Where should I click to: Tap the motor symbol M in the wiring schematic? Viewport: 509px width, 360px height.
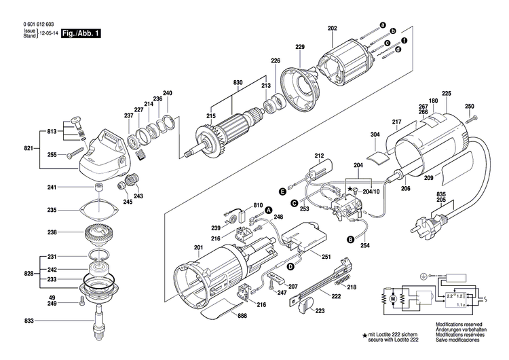[x=392, y=296]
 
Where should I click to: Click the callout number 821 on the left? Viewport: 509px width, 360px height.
[x=29, y=147]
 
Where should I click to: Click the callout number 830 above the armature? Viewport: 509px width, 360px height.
[x=238, y=82]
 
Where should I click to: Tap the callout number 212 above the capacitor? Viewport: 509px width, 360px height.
[x=319, y=156]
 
